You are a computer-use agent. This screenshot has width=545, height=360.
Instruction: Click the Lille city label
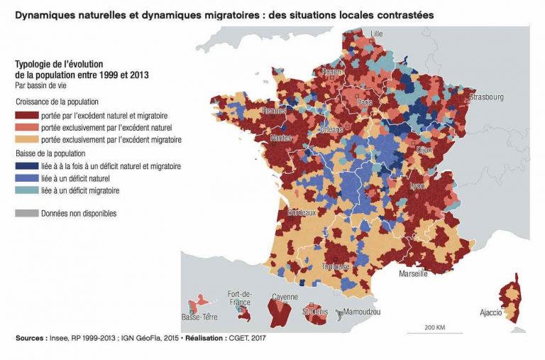point(376,33)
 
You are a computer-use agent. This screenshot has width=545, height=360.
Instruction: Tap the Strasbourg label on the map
point(486,97)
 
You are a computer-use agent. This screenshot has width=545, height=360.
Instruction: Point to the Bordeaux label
point(302,212)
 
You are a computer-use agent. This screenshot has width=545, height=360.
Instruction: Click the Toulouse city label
point(336,266)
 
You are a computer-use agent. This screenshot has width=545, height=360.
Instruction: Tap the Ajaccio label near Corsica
point(491,312)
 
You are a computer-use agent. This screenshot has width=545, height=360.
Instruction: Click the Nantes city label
point(281,138)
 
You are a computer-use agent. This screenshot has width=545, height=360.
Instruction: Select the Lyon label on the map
point(417,185)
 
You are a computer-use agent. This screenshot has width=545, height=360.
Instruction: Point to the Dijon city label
point(424,151)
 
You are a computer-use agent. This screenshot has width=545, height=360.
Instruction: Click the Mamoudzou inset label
point(362,312)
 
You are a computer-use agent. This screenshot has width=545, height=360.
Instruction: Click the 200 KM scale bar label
point(435,327)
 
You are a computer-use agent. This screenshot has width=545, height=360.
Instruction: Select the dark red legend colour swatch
point(26,114)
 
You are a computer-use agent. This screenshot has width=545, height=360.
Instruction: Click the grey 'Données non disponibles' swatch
point(26,213)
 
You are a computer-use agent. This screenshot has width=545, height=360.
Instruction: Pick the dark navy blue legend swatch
point(26,166)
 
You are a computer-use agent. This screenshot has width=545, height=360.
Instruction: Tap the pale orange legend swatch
point(26,140)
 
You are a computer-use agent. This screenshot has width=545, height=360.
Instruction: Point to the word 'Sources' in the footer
point(29,339)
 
